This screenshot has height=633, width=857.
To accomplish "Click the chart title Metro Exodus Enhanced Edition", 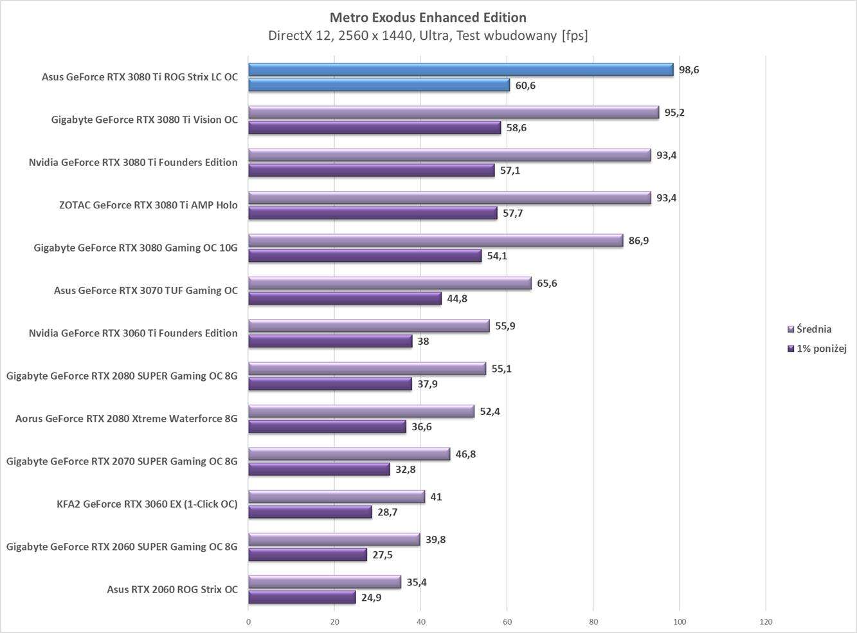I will click(x=428, y=17).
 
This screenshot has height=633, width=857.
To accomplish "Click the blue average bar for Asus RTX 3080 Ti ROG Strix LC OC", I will click(x=460, y=69).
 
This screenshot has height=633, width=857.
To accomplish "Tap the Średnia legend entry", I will click(x=814, y=329).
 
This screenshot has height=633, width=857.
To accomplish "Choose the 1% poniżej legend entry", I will click(x=821, y=349).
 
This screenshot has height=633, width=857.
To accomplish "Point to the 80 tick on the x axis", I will click(x=593, y=622).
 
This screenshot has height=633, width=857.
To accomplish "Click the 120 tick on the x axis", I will click(x=766, y=622).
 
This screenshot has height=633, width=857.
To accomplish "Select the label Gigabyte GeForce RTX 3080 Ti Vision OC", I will click(x=144, y=120).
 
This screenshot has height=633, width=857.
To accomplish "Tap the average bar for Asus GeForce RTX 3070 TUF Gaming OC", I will click(x=390, y=283).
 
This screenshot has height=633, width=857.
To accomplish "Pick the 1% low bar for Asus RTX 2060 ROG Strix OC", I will click(x=302, y=598).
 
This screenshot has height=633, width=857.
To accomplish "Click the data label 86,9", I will click(x=638, y=241).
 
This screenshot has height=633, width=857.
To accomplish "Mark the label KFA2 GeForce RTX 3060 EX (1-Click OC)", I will click(x=147, y=504).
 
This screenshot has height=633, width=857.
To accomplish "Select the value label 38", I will click(x=423, y=342).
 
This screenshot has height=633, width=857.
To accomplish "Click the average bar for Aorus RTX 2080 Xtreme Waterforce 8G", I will click(x=361, y=411).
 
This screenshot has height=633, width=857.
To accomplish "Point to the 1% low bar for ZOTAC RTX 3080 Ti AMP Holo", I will click(x=372, y=213).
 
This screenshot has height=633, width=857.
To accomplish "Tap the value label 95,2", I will click(x=674, y=113).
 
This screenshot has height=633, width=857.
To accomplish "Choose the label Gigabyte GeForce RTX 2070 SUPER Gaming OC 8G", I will click(x=122, y=461).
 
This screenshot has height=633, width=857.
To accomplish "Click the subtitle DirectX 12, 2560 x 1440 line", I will click(x=428, y=35).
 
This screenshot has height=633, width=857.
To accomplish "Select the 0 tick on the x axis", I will click(x=249, y=622).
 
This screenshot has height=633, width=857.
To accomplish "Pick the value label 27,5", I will click(x=383, y=555).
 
